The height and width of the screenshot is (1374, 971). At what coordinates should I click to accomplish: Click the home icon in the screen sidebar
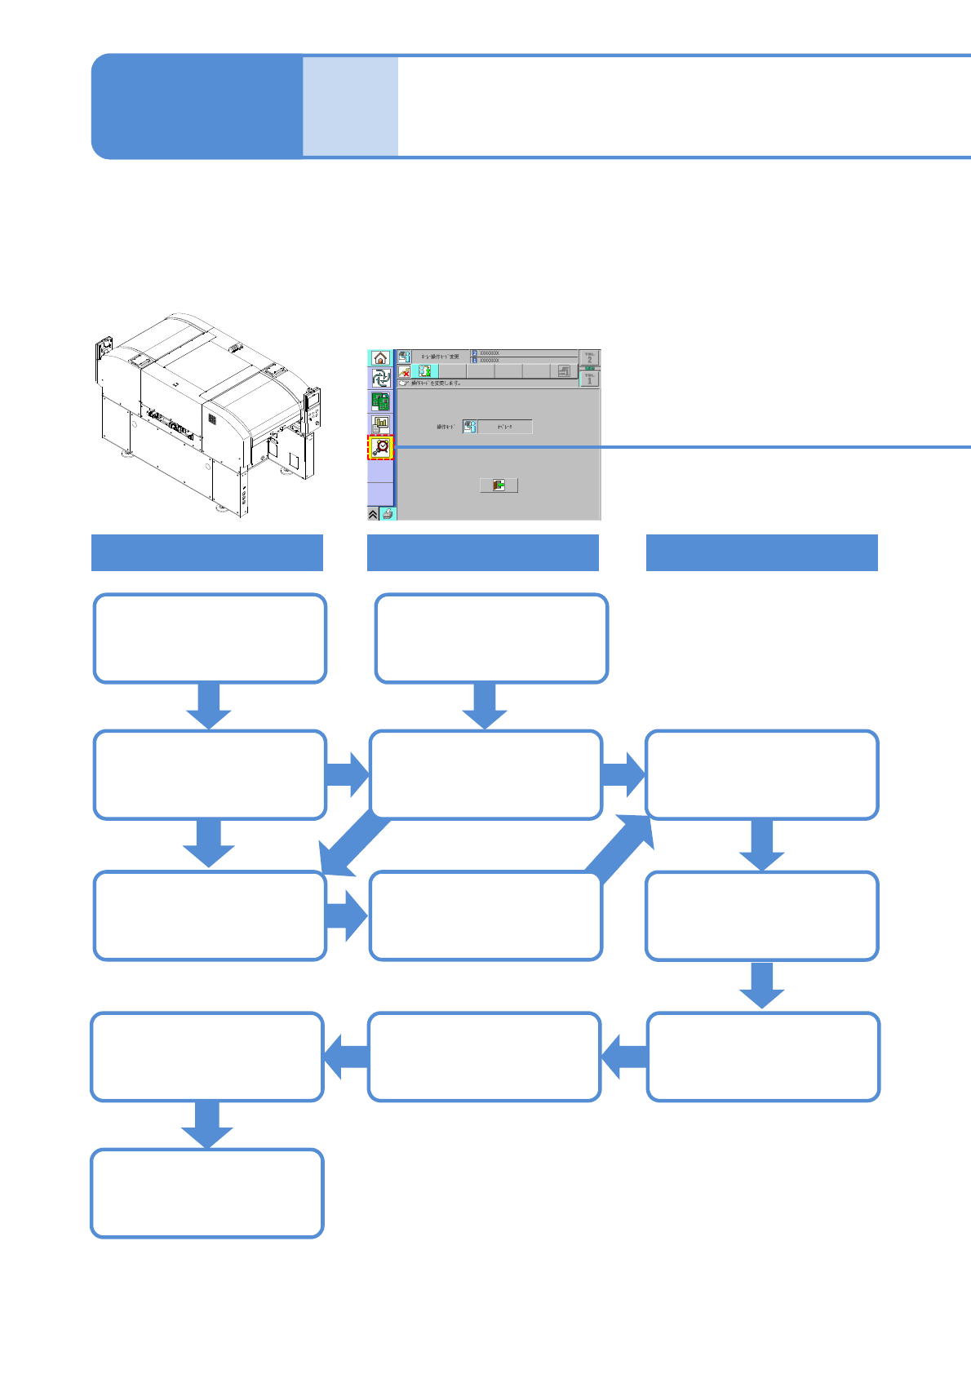pos(380,358)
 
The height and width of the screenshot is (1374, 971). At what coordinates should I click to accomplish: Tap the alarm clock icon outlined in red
pos(381,447)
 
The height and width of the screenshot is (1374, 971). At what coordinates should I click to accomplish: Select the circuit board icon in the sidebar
pos(380,401)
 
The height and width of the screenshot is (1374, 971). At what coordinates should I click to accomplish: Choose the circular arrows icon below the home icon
pos(380,379)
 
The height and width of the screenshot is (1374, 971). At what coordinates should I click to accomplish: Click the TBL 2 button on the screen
pos(589,358)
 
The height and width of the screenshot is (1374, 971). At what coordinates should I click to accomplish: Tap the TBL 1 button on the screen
pos(589,379)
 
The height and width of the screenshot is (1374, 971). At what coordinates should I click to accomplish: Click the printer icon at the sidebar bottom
pos(388,513)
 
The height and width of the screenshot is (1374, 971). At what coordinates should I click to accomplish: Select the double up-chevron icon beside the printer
pos(374,513)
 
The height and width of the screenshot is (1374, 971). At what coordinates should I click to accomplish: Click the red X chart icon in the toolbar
pos(405,371)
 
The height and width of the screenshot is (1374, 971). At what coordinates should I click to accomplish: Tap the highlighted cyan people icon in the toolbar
pos(424,371)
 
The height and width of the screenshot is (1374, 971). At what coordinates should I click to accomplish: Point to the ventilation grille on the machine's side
pos(211,419)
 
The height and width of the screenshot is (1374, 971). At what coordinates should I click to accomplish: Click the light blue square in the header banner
pos(350,106)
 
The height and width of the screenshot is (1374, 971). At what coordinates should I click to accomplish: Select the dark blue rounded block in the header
pos(197,106)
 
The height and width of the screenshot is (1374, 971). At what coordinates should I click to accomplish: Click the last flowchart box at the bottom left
pos(207,1193)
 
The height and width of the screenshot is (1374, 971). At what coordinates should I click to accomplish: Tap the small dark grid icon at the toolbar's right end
pos(564,371)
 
